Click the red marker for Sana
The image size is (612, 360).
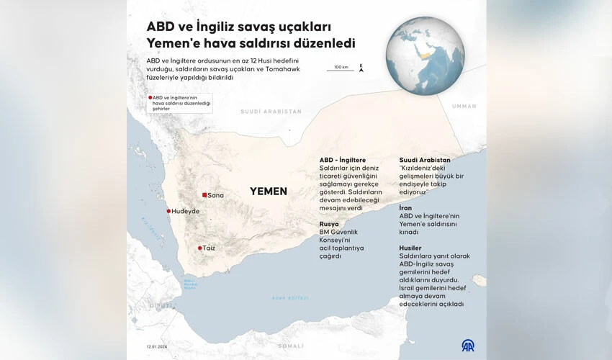click(204, 195)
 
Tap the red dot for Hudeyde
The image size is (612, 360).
click(169, 211)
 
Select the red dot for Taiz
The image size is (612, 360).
click(199, 248)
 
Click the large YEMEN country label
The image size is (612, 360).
click(268, 192)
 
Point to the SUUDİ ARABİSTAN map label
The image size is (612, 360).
click(271, 112)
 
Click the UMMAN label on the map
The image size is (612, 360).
click(464, 106)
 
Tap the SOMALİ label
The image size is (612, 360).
click(291, 346)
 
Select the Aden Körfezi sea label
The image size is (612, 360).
click(289, 297)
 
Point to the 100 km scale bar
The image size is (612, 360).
click(341, 69)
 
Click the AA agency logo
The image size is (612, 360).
click(468, 346)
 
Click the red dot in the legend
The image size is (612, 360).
click(150, 97)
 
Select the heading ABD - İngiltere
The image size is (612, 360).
click(343, 160)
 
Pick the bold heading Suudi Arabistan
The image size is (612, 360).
click(425, 160)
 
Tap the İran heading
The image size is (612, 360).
click(406, 207)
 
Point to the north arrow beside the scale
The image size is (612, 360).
click(361, 68)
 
